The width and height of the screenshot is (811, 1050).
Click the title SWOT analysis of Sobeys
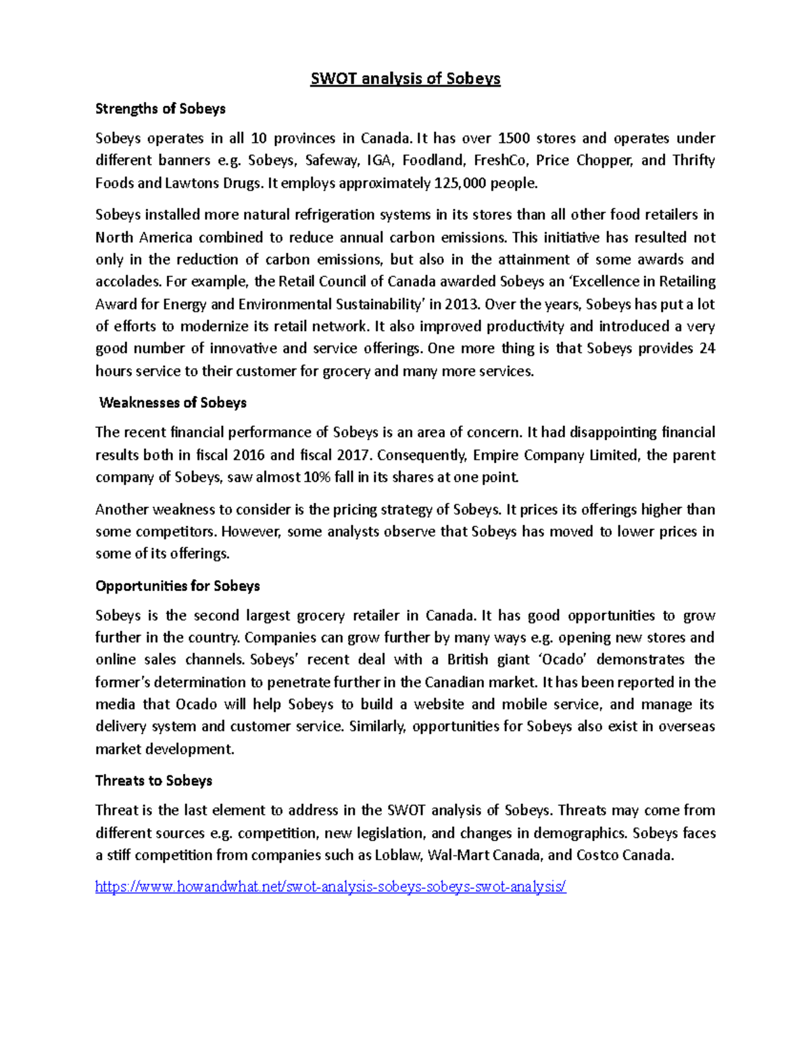click(405, 78)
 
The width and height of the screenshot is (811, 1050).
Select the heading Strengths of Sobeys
click(160, 109)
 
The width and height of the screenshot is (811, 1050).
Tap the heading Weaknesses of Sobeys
click(172, 403)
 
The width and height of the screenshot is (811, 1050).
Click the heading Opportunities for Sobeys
click(178, 586)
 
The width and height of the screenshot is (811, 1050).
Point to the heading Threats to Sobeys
click(153, 781)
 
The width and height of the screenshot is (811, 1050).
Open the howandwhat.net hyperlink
click(330, 887)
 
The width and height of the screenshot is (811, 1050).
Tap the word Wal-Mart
click(459, 855)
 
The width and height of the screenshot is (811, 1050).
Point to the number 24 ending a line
click(707, 349)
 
